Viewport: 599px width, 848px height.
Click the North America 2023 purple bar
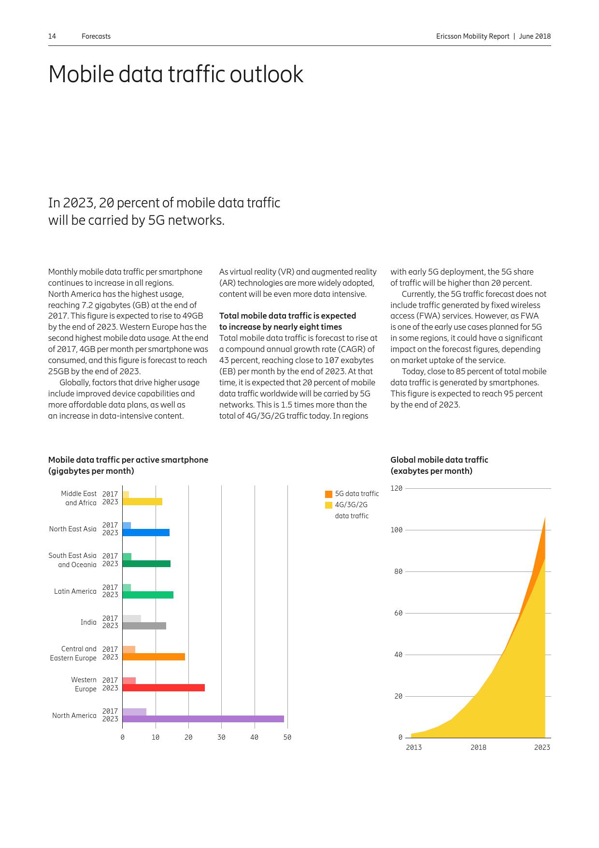203,719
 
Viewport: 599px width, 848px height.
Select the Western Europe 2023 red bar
163,687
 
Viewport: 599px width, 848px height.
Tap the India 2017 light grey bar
131,618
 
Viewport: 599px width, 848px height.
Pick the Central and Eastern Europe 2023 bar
154,657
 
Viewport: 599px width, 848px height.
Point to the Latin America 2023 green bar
148,595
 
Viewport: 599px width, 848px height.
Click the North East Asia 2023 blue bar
146,533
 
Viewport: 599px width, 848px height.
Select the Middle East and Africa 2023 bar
142,502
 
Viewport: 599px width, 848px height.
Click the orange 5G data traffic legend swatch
328,494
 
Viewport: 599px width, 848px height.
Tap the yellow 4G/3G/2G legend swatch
328,505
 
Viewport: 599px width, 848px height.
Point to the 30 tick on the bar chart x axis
221,737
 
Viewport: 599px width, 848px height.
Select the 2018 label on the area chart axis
478,747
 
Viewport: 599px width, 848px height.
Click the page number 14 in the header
52,36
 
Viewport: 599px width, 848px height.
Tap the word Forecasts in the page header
96,36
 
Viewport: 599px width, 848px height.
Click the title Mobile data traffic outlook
176,74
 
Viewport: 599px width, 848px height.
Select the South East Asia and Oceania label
72,560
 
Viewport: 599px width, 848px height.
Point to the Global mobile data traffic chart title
439,465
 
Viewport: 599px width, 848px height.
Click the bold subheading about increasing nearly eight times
287,321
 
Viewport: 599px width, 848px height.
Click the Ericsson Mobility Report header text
472,36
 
